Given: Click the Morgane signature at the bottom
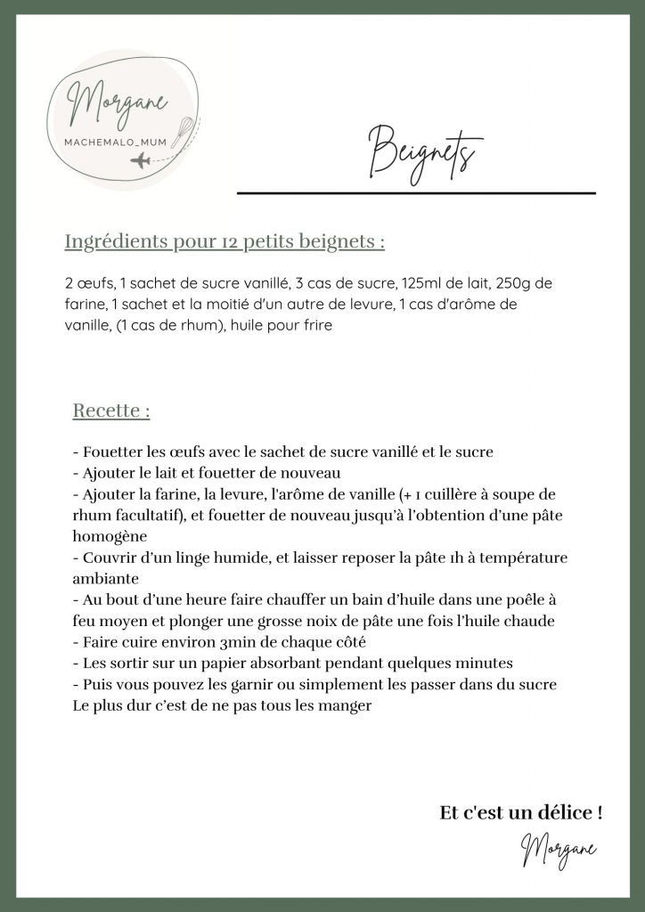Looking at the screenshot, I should (559, 848).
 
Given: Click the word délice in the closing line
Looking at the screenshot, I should (562, 812).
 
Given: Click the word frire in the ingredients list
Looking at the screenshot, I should (313, 327).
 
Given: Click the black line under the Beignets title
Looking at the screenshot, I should (415, 192).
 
